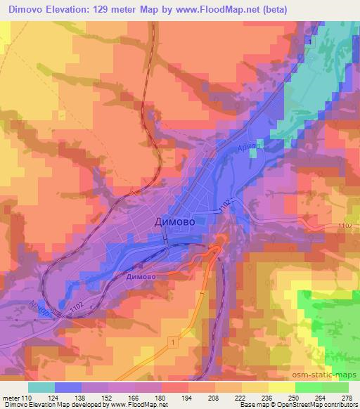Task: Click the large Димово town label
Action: coord(175,221)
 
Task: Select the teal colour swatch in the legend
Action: coord(42,386)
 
